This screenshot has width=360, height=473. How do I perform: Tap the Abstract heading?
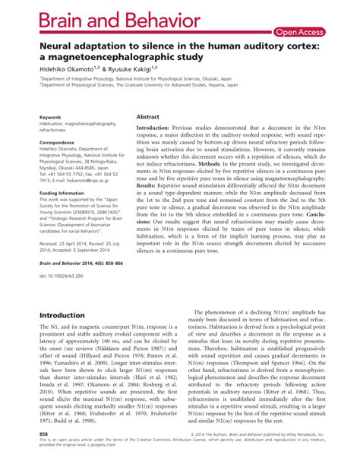148,118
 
